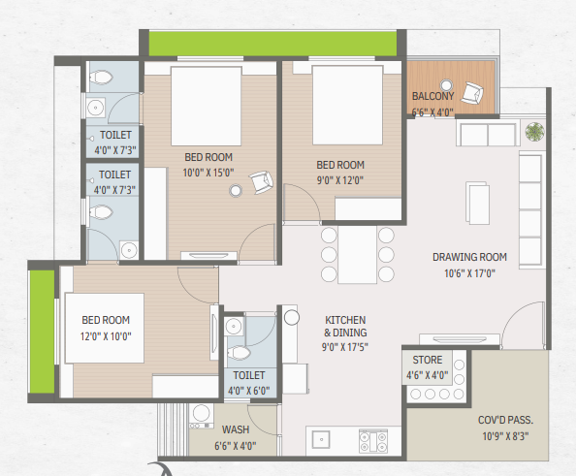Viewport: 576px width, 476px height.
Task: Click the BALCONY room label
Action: tap(433, 96)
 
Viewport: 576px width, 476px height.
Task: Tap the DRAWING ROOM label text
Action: tap(469, 257)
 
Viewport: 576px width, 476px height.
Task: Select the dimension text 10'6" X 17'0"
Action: tap(469, 273)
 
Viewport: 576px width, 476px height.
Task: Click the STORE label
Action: tap(428, 360)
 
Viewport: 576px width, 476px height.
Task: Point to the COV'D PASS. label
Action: tap(505, 420)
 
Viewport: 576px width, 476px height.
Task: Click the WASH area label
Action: tap(236, 429)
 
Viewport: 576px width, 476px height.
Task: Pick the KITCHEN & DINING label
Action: tap(345, 326)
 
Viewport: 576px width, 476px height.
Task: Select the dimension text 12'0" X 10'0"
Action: tap(106, 336)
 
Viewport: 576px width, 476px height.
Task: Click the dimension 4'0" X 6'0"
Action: tap(249, 391)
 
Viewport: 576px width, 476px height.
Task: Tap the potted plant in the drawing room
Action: tap(534, 132)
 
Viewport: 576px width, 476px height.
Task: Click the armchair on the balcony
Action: tap(472, 93)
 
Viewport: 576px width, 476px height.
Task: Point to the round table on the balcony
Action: tap(446, 85)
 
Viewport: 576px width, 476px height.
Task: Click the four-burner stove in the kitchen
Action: tap(373, 441)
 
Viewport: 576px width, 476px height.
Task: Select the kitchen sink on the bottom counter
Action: tap(321, 439)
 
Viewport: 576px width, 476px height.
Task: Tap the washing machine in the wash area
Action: tap(201, 416)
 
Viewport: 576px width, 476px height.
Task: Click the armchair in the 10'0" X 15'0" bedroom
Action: tap(262, 182)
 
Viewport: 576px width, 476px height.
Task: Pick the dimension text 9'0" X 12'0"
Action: tap(340, 180)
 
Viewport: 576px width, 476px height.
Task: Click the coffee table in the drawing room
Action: tap(477, 203)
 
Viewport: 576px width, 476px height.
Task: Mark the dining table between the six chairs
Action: tap(357, 255)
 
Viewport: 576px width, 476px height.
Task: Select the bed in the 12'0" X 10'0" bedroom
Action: tap(105, 328)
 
